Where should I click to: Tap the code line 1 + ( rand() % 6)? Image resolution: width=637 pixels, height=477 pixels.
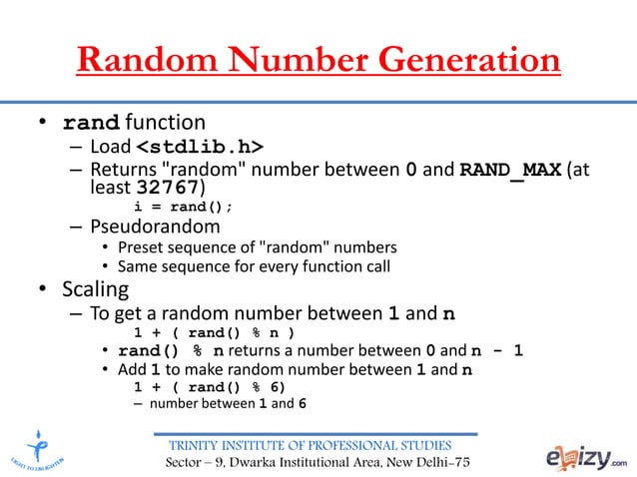(x=211, y=387)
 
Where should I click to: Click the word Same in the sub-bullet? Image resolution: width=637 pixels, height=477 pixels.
(x=139, y=266)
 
